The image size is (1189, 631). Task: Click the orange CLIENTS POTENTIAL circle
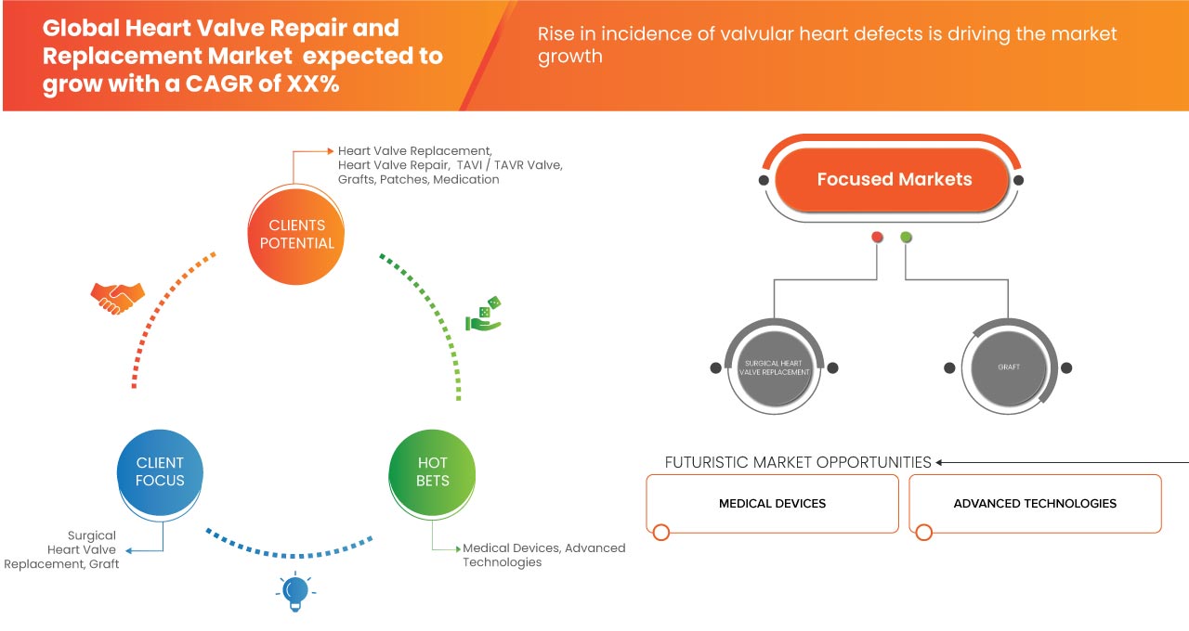[x=296, y=234]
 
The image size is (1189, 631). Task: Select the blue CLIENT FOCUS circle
[x=160, y=471]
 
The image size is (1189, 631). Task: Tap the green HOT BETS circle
[x=432, y=471]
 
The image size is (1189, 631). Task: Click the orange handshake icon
[x=118, y=297]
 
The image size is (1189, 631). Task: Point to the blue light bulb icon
[x=294, y=591]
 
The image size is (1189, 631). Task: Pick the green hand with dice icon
[x=484, y=315]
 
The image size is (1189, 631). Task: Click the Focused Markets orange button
[x=894, y=179]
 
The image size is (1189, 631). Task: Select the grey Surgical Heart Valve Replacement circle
[x=775, y=367]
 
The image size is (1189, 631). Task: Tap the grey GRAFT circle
[x=1009, y=367]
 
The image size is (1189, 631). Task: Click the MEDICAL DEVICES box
[x=772, y=503]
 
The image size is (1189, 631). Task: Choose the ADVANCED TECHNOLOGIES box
[x=1035, y=503]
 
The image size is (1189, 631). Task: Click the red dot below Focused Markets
[x=877, y=238]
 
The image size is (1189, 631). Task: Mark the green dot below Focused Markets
[x=906, y=238]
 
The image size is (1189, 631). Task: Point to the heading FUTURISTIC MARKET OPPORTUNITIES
[x=798, y=462]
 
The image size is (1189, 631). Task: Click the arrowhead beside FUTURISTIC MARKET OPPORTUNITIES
[x=940, y=462]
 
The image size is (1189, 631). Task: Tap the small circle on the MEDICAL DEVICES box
[x=660, y=533]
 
